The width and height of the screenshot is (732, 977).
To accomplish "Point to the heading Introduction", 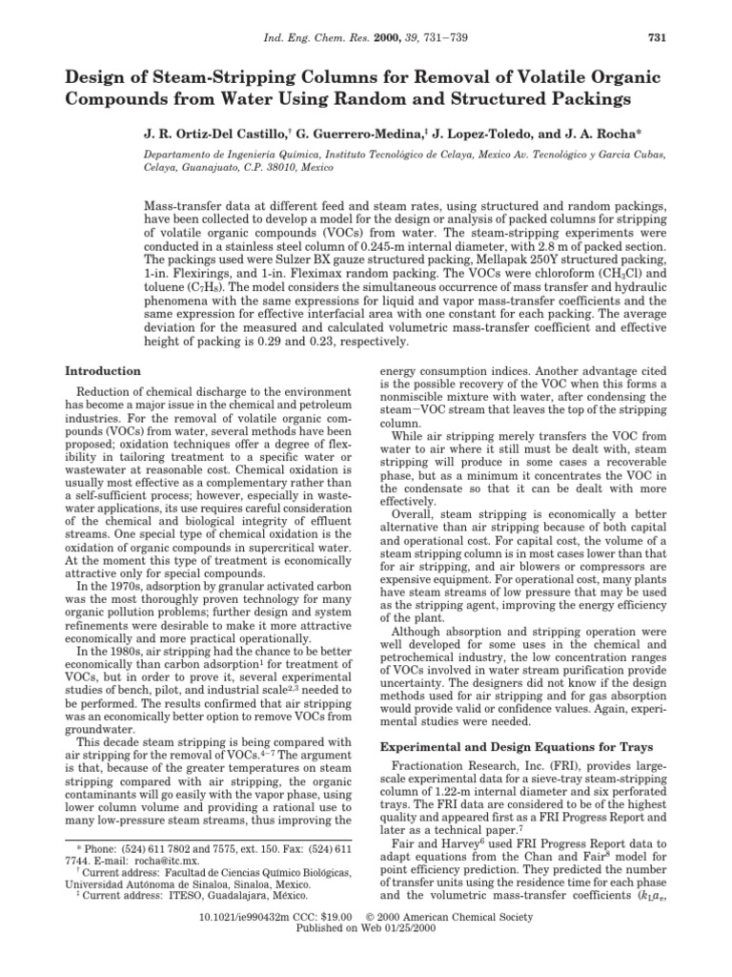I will coord(102,370).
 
